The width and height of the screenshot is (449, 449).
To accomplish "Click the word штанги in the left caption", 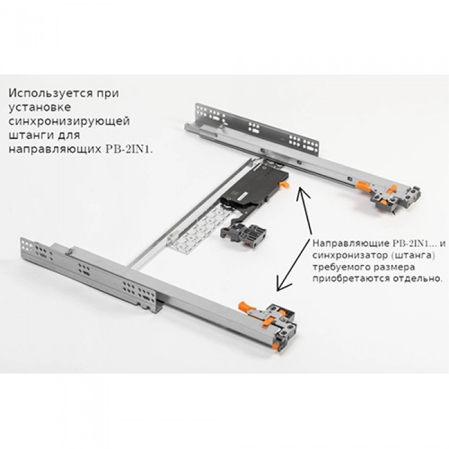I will [x=28, y=135].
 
